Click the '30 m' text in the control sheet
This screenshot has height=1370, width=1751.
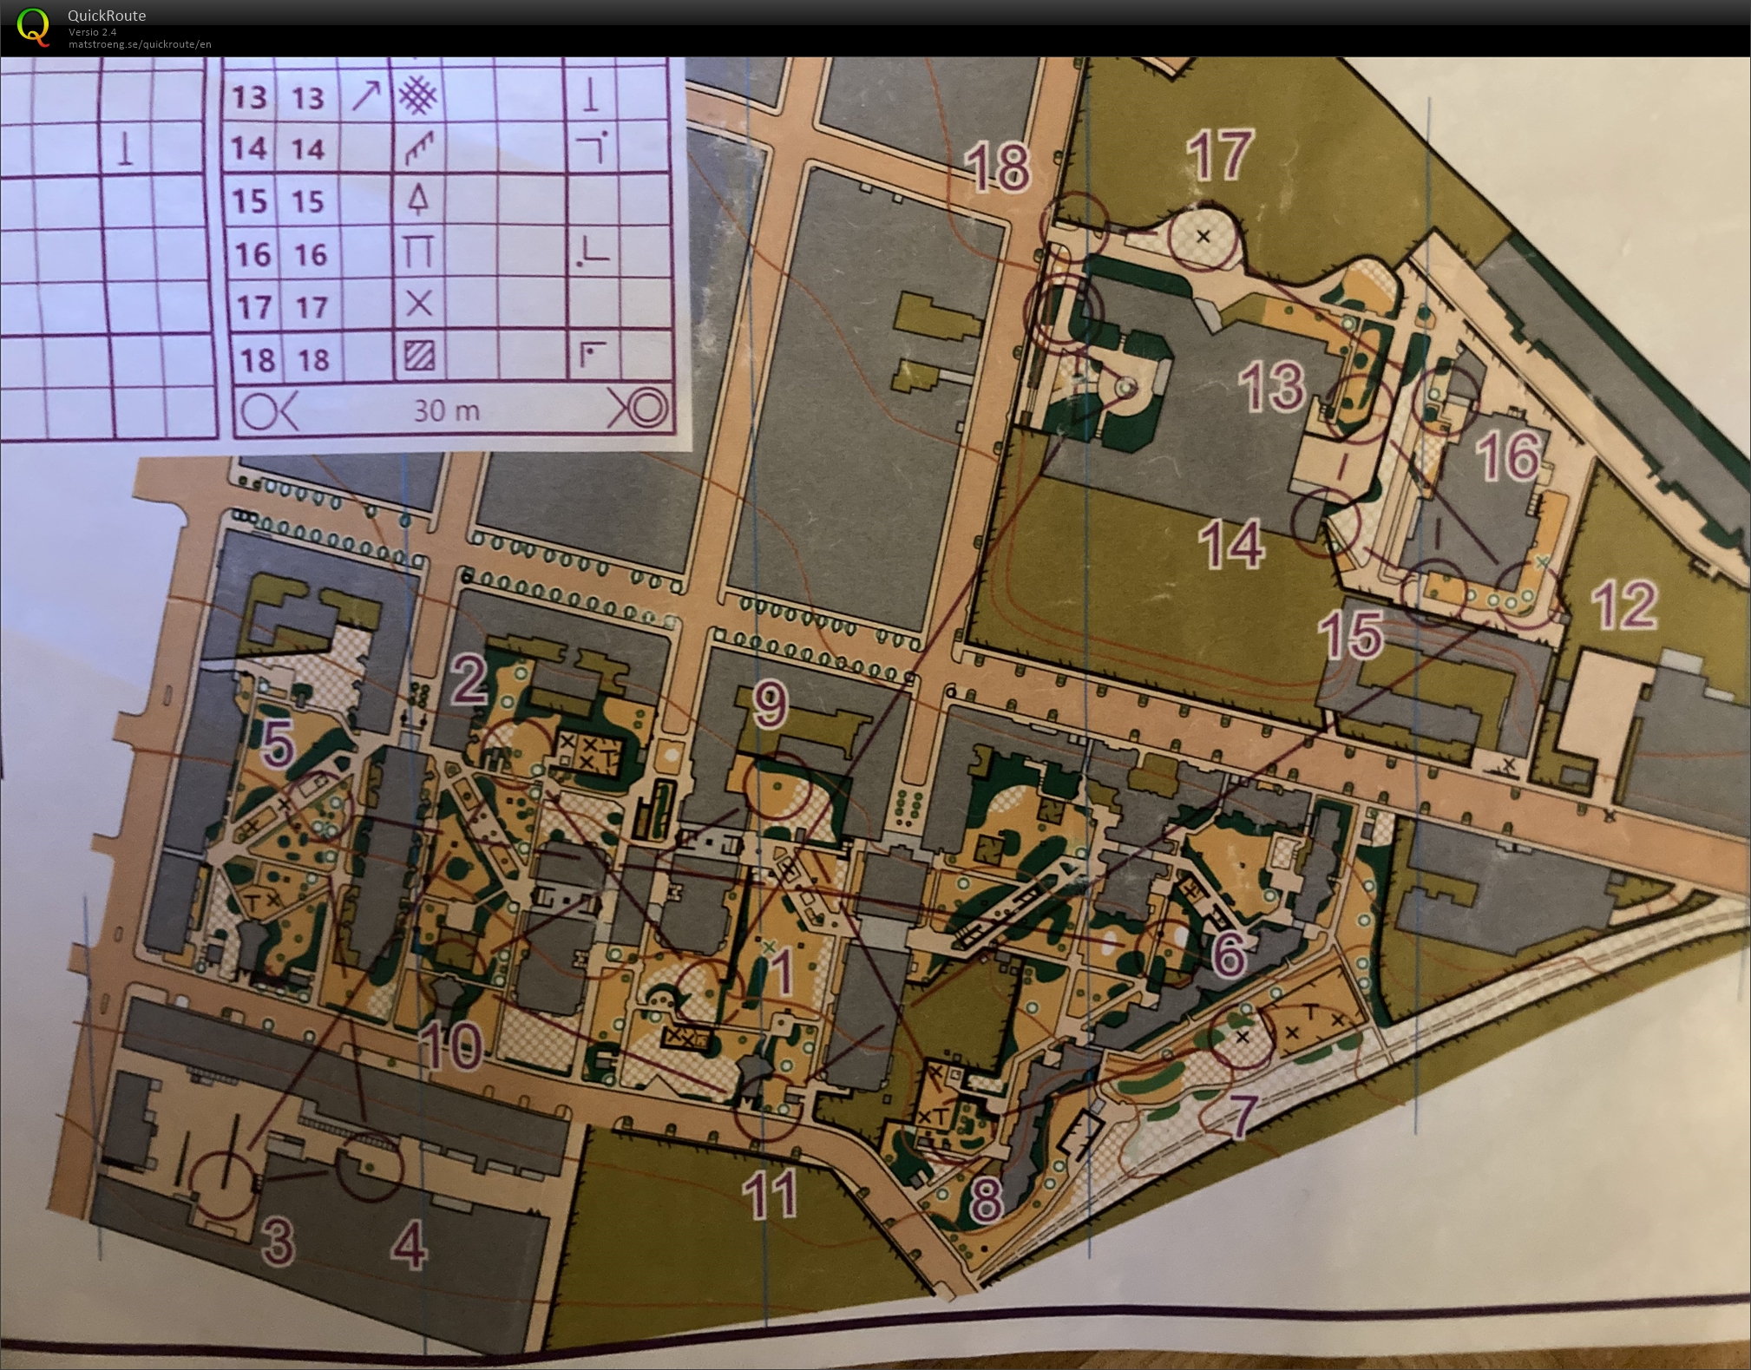click(x=446, y=410)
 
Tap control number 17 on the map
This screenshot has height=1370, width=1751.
click(x=1220, y=156)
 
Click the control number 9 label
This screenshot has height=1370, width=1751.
click(x=770, y=705)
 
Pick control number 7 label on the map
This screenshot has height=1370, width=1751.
click(x=1243, y=1115)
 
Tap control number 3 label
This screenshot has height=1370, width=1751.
click(x=278, y=1242)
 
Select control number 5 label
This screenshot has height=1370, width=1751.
click(x=277, y=743)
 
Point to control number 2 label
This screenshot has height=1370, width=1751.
click(x=469, y=681)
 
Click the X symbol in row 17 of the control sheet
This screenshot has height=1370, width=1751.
click(x=419, y=304)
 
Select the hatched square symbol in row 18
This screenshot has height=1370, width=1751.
click(x=419, y=356)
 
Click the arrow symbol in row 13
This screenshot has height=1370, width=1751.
click(x=365, y=97)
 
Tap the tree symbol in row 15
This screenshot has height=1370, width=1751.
click(x=419, y=200)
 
